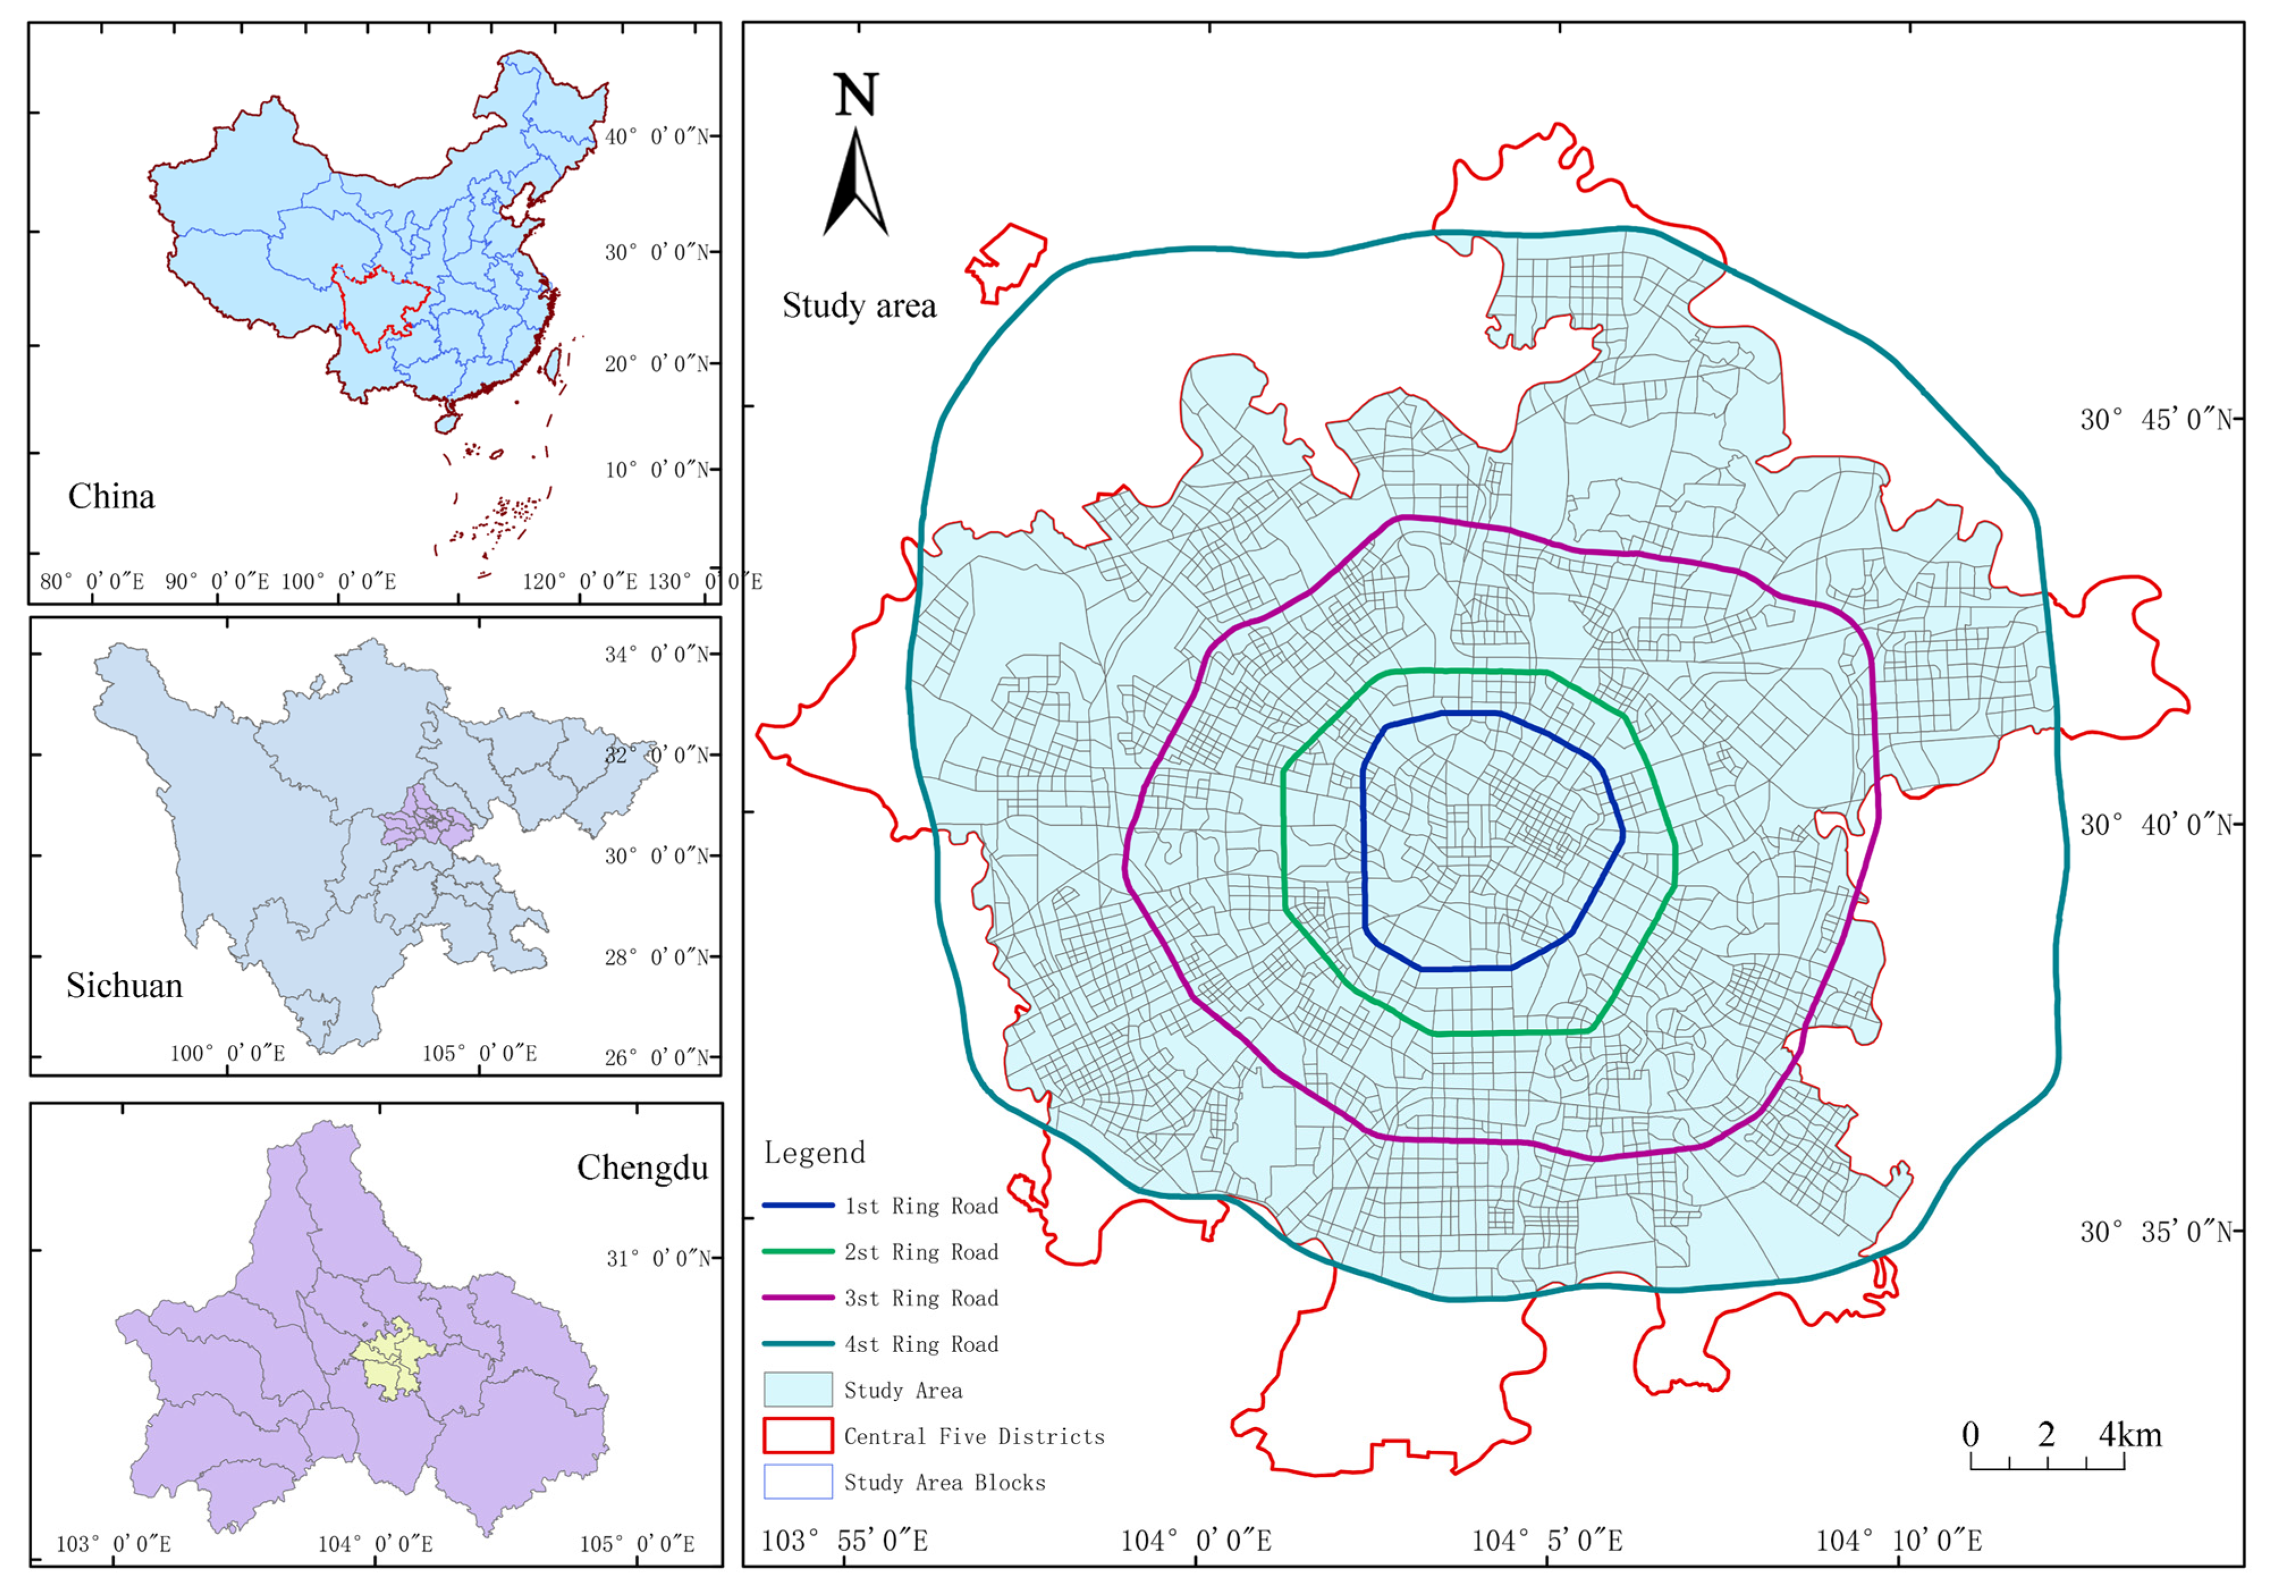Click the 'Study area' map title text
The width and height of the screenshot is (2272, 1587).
pos(859,306)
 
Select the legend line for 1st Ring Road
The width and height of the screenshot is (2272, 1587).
pos(797,1206)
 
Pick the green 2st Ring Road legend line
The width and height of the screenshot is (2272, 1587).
pos(797,1252)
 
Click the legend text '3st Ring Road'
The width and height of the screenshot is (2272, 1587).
pos(920,1298)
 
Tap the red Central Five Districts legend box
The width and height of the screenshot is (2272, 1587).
pos(797,1436)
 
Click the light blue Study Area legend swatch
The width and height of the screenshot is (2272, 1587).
pos(797,1389)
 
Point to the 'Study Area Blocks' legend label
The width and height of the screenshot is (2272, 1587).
pos(944,1482)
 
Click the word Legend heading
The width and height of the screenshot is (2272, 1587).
pos(814,1153)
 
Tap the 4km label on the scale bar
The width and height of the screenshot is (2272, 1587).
pos(2130,1434)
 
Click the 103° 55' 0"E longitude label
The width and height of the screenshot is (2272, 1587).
pos(844,1540)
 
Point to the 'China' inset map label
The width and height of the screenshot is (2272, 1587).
pos(111,497)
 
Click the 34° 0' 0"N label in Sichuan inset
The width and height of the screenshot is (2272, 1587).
pos(657,654)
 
